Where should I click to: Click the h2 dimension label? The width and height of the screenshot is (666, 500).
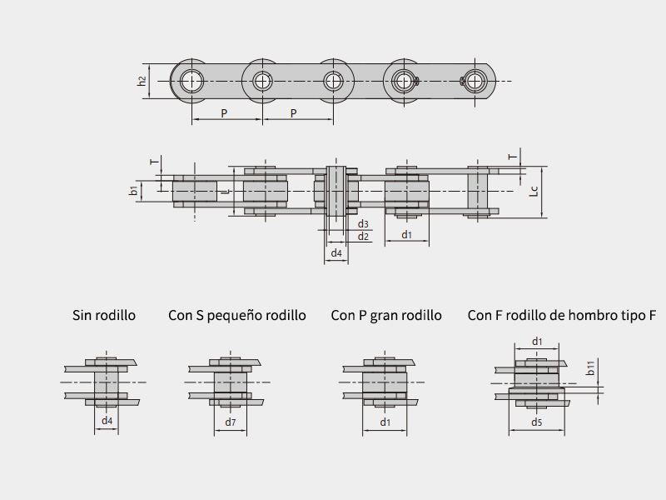[x=142, y=81]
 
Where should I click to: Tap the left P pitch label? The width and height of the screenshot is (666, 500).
[x=224, y=112]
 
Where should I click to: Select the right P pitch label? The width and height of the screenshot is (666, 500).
[x=294, y=112]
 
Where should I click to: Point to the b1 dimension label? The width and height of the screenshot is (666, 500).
[x=133, y=191]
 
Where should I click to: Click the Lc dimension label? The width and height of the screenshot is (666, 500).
[x=534, y=191]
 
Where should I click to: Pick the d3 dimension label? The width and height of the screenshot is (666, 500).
[x=363, y=224]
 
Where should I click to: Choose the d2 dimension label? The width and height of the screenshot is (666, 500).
[x=363, y=237]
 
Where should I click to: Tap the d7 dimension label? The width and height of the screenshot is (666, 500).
[x=231, y=422]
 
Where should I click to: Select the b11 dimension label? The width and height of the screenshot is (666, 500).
[x=590, y=367]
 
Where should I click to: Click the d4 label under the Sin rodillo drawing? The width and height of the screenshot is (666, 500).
[x=107, y=421]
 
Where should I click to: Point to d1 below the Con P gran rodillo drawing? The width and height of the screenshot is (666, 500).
[x=385, y=422]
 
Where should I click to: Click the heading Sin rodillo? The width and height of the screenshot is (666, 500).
[x=104, y=315]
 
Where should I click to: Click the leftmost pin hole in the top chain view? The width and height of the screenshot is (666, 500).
[x=192, y=81]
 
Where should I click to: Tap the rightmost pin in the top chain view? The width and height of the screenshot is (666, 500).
[x=475, y=81]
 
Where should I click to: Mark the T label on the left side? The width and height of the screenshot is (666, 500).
[x=152, y=162]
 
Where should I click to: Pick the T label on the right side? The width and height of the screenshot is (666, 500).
[x=514, y=156]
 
